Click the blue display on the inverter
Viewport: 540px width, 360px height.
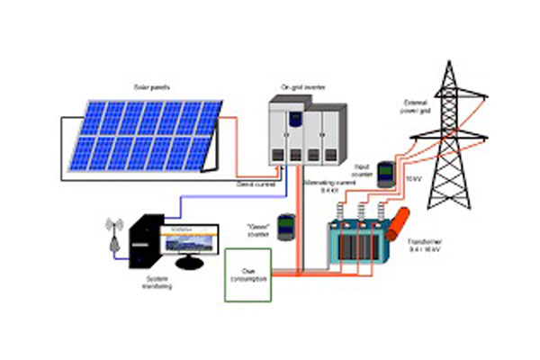coord(291,118)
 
